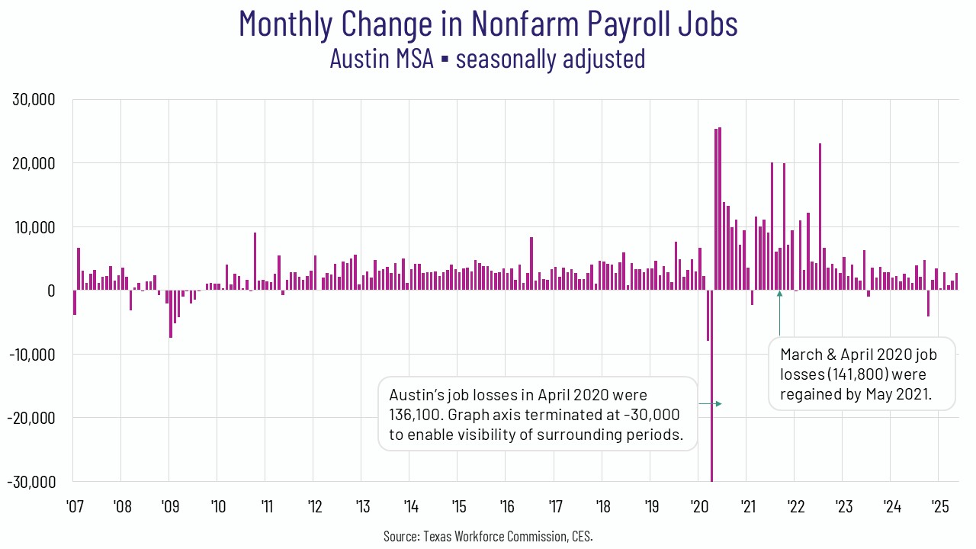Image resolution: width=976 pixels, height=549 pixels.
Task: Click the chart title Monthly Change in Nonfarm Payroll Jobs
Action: pyautogui.click(x=488, y=24)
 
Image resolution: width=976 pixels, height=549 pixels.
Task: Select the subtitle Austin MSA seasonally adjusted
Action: pyautogui.click(x=488, y=59)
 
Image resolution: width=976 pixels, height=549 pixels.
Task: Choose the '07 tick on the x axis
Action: pyautogui.click(x=74, y=507)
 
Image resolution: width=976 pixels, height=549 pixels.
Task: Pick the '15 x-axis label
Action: pyautogui.click(x=458, y=507)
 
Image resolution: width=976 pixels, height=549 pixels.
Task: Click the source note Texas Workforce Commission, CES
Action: pyautogui.click(x=488, y=536)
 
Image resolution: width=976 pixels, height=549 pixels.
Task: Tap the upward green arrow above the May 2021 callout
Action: pyautogui.click(x=779, y=313)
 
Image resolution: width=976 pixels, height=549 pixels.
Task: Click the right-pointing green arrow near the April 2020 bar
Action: pyautogui.click(x=710, y=403)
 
